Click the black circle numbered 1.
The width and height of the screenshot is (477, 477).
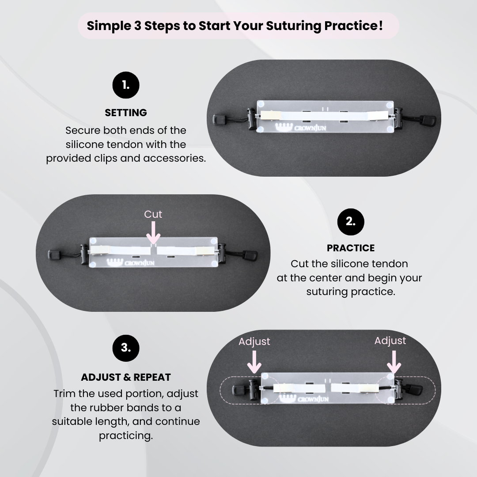125,85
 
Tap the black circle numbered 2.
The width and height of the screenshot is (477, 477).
350,222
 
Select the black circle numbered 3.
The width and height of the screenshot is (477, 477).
125,348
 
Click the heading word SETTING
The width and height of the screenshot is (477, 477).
125,113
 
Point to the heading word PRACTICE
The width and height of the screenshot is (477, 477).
350,248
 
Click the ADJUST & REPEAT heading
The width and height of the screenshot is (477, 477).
125,377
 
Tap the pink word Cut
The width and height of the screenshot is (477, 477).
153,214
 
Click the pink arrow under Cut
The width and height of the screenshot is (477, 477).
153,232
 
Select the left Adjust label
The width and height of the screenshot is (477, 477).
254,341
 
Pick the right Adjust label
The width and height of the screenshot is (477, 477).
390,341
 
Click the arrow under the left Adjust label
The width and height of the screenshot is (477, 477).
254,362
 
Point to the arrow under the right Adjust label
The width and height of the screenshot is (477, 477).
394,362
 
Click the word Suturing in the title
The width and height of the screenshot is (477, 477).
294,26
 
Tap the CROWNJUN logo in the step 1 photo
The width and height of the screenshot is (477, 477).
301,127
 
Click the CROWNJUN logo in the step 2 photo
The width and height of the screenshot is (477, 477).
131,262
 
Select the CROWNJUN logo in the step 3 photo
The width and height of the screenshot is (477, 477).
303,398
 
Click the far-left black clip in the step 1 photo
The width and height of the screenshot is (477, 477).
219,120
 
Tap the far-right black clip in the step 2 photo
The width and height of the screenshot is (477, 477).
250,255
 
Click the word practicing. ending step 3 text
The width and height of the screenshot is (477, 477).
125,435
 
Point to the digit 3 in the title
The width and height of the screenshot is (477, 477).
137,26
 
